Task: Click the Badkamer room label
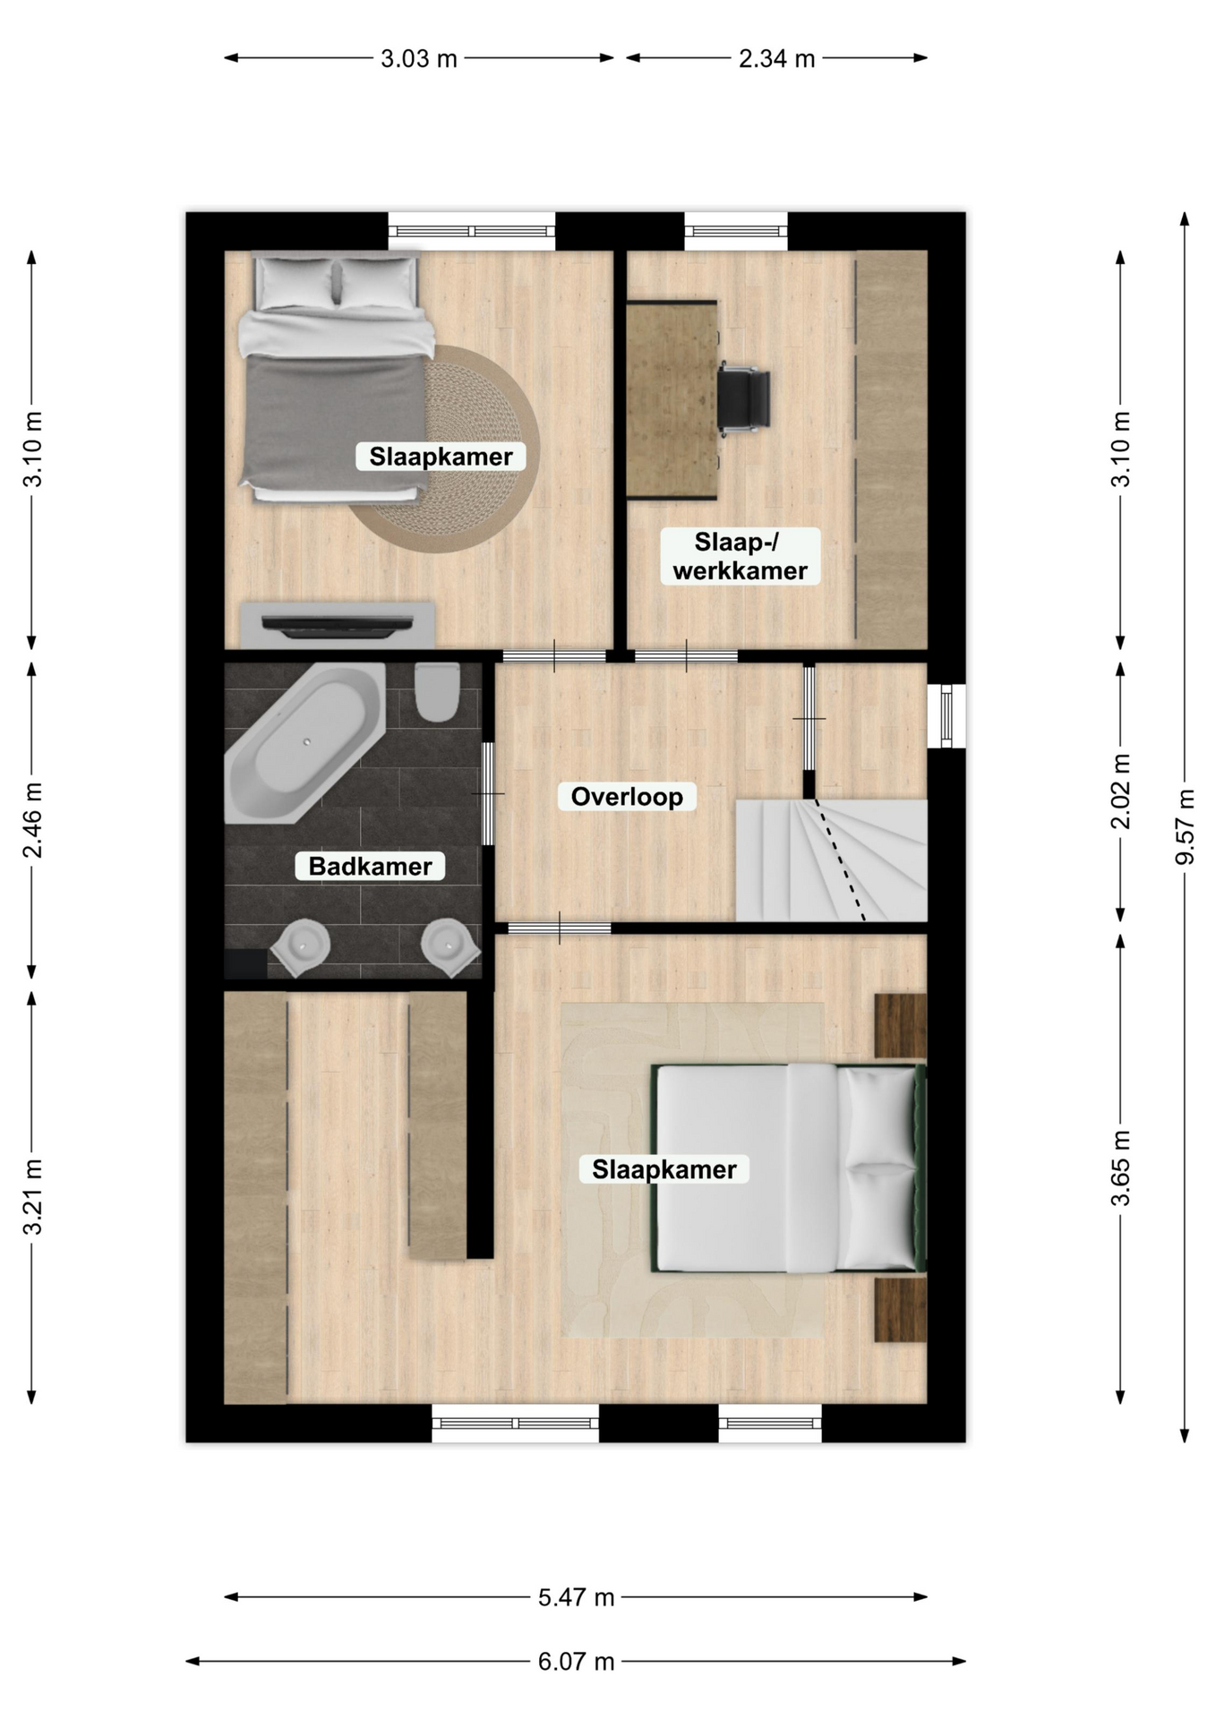[370, 866]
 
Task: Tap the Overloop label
[627, 796]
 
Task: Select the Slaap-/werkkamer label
[740, 556]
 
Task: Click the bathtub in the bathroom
[305, 742]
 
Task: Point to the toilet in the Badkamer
[437, 691]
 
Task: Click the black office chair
[743, 399]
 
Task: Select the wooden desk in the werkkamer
[672, 399]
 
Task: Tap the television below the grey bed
[338, 625]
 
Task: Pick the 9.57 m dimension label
[1185, 826]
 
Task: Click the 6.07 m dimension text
[576, 1662]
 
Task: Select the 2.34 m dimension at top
[776, 58]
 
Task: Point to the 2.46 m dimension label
[32, 819]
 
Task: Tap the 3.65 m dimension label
[1120, 1168]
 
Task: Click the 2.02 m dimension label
[1120, 791]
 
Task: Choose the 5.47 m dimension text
[576, 1597]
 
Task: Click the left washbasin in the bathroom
[300, 946]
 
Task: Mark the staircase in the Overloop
[831, 860]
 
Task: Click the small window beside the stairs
[946, 715]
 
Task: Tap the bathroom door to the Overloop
[487, 793]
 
